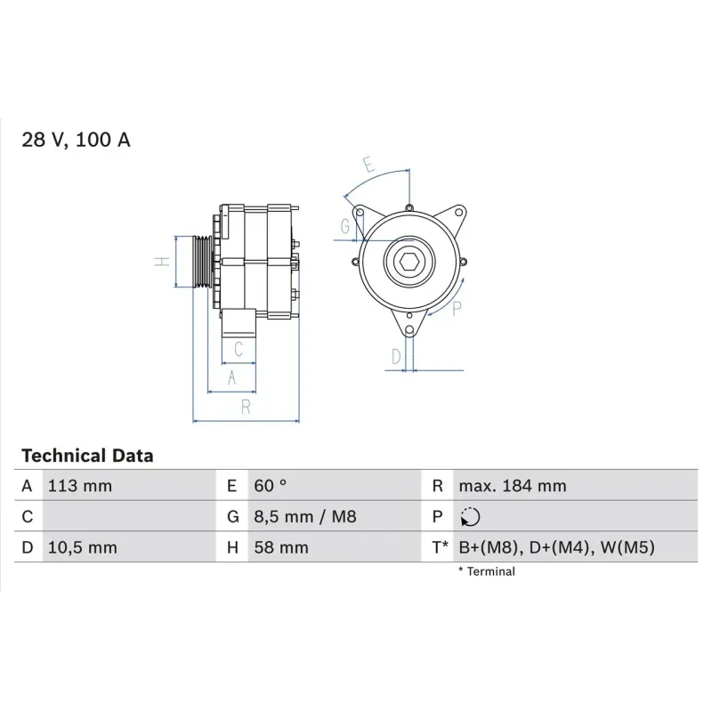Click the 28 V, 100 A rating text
tap(76, 140)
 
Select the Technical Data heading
tap(87, 456)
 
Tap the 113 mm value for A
tap(79, 486)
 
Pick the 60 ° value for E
tap(271, 486)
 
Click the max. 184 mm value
tap(512, 486)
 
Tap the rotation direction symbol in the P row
tap(470, 517)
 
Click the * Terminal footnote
tap(486, 571)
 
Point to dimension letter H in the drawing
tap(161, 262)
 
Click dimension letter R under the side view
tap(247, 407)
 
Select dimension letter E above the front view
tap(368, 165)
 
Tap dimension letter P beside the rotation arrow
tap(457, 309)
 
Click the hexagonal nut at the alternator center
tap(409, 263)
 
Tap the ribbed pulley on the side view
tap(204, 262)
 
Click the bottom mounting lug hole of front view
tap(409, 332)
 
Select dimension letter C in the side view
tap(239, 348)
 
